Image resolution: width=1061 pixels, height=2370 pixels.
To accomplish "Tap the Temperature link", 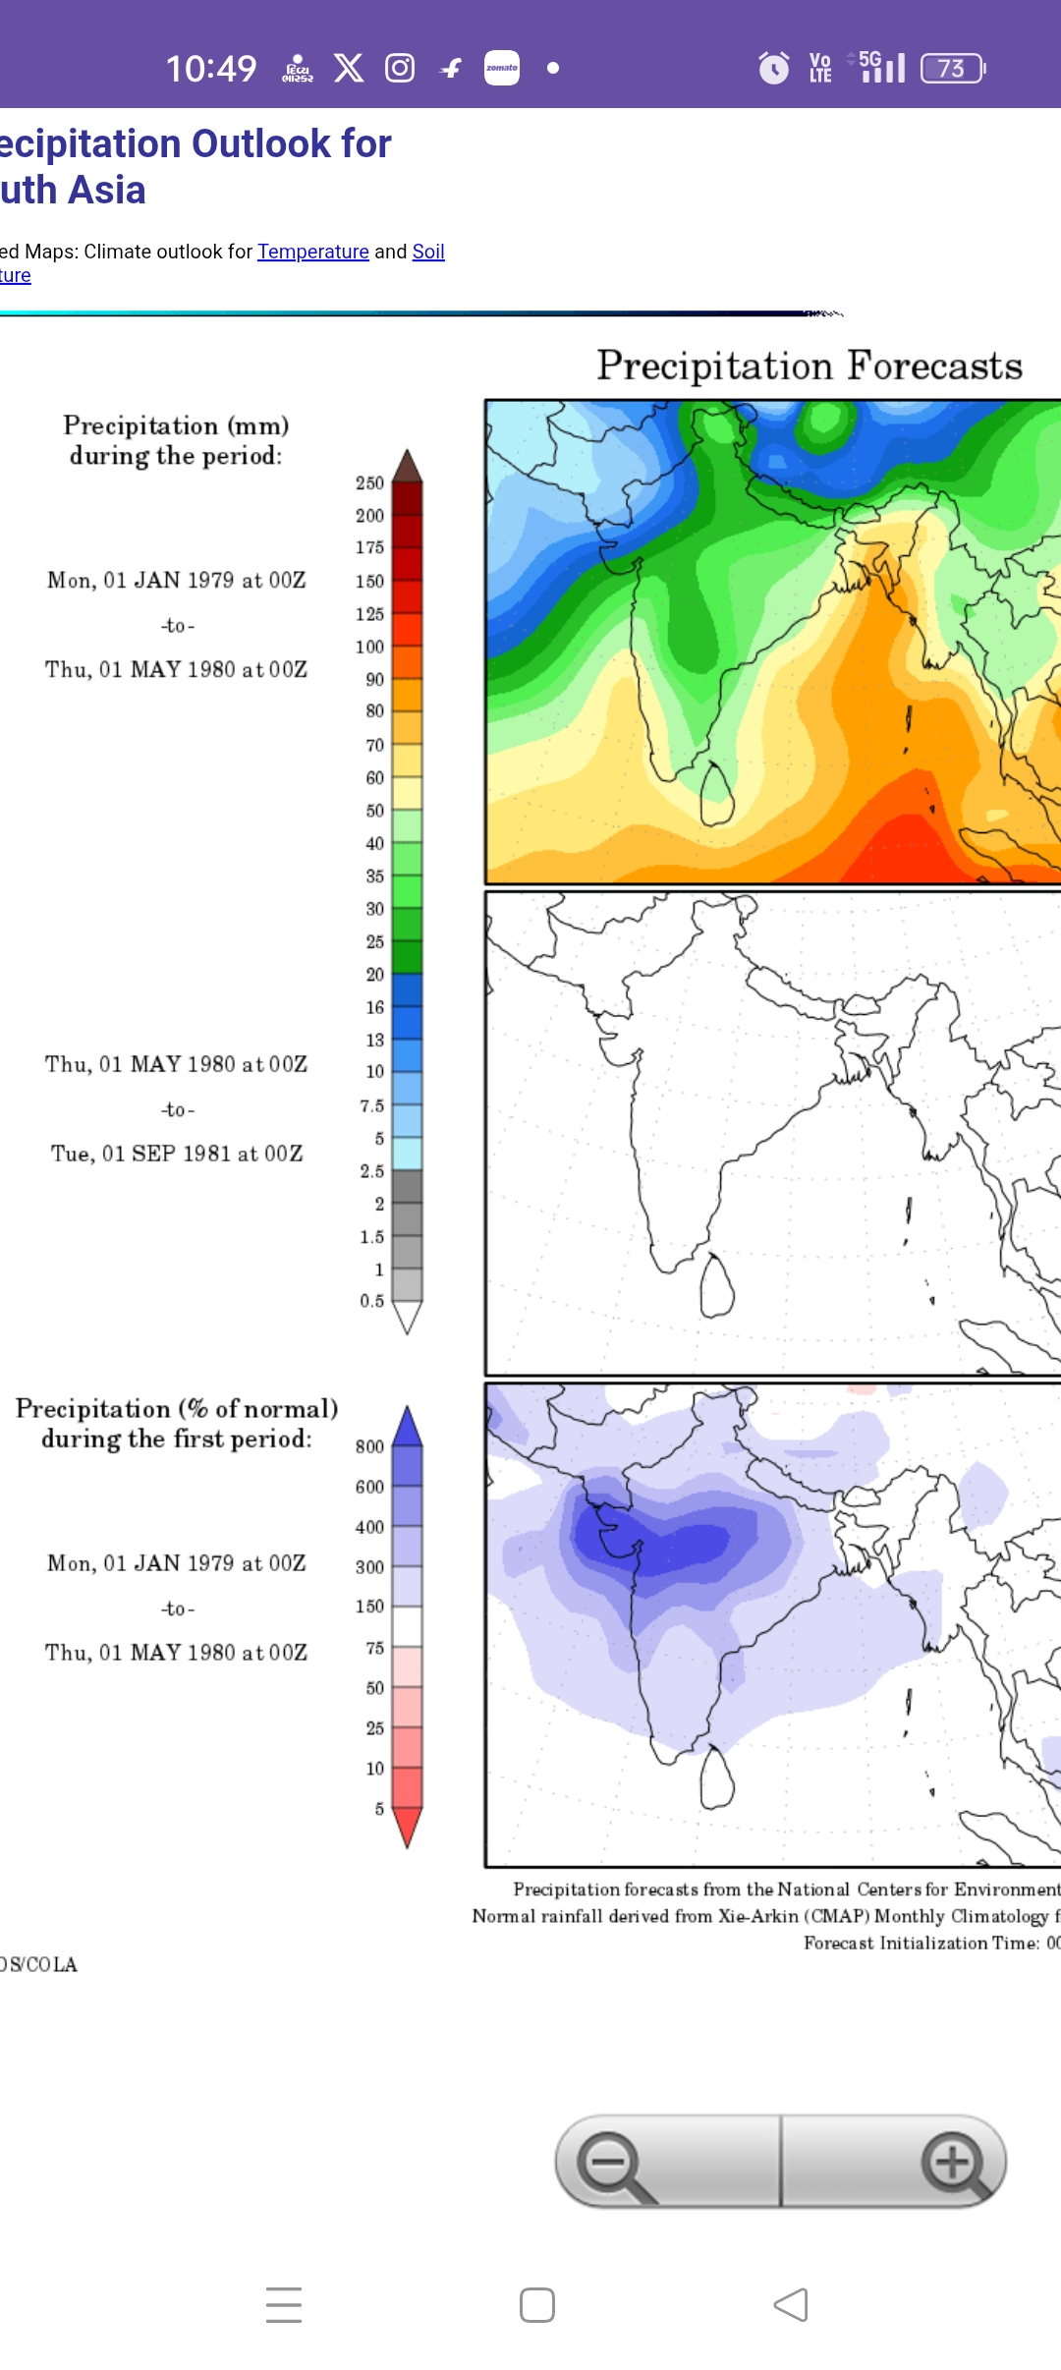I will pyautogui.click(x=312, y=252).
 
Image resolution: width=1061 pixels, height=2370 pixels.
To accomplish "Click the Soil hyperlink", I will pyautogui.click(x=428, y=252).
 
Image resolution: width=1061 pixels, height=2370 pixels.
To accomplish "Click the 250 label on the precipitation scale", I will pyautogui.click(x=369, y=482).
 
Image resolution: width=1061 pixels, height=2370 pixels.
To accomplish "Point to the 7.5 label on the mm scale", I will pyautogui.click(x=371, y=1105).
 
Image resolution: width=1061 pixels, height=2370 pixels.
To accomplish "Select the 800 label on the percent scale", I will pyautogui.click(x=369, y=1446).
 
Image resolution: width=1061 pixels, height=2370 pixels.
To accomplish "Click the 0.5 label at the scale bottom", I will pyautogui.click(x=371, y=1301).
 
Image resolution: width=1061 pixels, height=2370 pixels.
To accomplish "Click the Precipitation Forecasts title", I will pyautogui.click(x=810, y=366).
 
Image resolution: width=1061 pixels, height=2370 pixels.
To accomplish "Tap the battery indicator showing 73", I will pyautogui.click(x=952, y=68).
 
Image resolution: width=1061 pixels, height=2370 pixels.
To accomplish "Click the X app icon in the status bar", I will pyautogui.click(x=349, y=68).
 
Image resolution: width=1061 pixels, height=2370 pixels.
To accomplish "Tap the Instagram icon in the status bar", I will pyautogui.click(x=400, y=68).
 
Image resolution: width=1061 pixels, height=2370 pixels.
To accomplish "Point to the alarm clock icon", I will pyautogui.click(x=773, y=68).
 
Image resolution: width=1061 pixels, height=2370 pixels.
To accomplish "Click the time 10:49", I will pyautogui.click(x=211, y=68).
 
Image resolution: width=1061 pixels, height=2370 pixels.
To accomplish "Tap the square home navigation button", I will pyautogui.click(x=537, y=2305).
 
